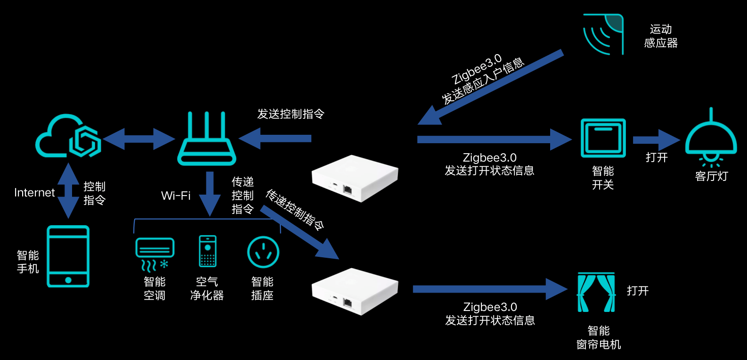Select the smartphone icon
[68, 256]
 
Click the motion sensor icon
[603, 34]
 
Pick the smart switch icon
[603, 138]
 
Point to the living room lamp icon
[711, 139]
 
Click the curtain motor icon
[596, 292]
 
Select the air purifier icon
[207, 251]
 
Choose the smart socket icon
[263, 252]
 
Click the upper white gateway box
[355, 178]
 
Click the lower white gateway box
[355, 291]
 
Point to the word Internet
[34, 193]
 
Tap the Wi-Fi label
[176, 196]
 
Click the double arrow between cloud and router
[139, 139]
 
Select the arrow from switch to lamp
[656, 140]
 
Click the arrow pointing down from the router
[210, 193]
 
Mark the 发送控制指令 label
[291, 114]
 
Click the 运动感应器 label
[661, 36]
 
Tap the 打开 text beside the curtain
[638, 291]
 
